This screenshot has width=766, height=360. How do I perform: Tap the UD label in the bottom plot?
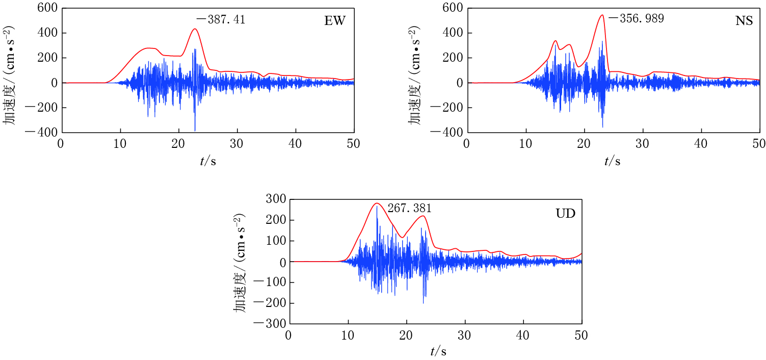coord(565,213)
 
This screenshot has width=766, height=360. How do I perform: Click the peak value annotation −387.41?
coord(221,20)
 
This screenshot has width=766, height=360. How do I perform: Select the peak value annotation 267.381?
coord(409,208)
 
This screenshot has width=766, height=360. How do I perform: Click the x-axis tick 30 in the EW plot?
coord(236,144)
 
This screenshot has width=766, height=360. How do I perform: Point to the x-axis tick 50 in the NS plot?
coord(759,144)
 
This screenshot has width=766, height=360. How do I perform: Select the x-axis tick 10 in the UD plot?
coord(348,336)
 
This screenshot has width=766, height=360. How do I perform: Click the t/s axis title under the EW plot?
coord(207,161)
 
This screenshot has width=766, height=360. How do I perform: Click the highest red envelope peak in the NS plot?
coord(602,15)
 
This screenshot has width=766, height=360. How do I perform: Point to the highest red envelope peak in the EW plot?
coord(195,29)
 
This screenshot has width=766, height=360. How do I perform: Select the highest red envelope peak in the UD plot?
coord(377,203)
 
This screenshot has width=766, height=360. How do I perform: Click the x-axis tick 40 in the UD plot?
coord(523,336)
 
